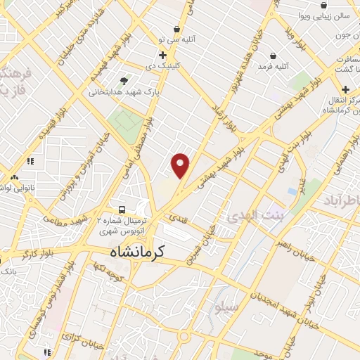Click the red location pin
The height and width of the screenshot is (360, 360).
click(x=181, y=165)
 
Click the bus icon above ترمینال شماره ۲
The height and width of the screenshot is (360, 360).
click(x=122, y=209)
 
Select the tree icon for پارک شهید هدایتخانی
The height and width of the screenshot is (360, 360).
click(x=125, y=82)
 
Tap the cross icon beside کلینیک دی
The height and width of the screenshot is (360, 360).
click(x=162, y=55)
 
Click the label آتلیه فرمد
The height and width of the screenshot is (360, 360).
click(x=255, y=65)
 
